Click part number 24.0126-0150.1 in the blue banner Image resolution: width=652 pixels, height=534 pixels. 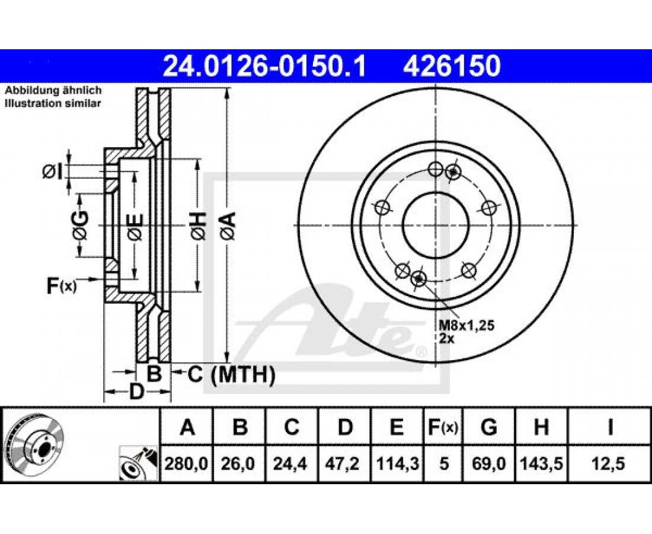264,66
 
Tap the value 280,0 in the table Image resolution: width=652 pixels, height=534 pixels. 186,463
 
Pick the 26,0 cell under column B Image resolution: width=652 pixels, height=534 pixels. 239,463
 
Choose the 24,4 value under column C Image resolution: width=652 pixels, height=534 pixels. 292,463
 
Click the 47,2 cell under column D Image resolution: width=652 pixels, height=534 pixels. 345,463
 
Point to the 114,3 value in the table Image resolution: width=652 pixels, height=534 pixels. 397,463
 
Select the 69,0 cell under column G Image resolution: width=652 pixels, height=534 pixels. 488,463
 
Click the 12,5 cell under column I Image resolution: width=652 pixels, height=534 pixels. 610,463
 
